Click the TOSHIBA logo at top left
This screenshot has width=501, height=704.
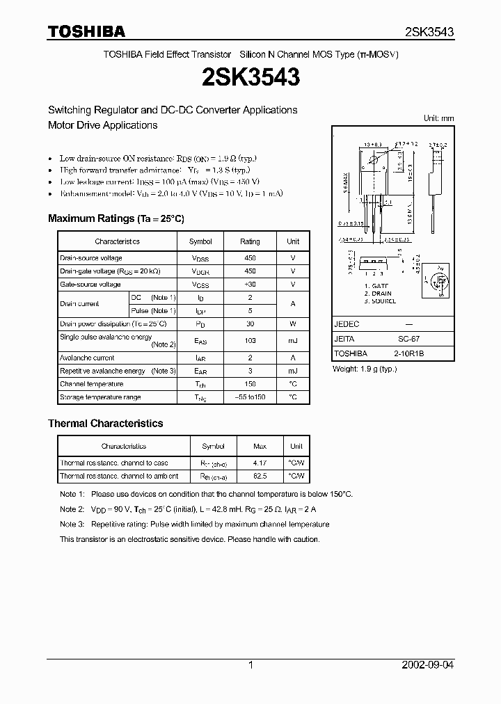(86, 31)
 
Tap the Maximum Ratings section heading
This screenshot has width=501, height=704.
(116, 218)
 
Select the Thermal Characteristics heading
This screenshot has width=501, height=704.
(105, 423)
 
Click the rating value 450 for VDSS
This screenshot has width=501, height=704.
(250, 258)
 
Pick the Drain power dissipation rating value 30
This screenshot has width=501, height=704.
(250, 324)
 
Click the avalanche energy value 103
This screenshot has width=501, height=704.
(250, 341)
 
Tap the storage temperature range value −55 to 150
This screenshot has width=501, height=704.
(250, 397)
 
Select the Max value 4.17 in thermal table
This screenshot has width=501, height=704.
(259, 463)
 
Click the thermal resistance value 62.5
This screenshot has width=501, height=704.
(259, 477)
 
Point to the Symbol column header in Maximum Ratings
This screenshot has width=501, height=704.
(200, 241)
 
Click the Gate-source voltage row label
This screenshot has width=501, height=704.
(90, 285)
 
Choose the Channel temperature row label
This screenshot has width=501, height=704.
(92, 384)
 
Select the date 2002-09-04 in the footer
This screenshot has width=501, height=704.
(428, 665)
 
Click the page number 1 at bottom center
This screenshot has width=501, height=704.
(250, 665)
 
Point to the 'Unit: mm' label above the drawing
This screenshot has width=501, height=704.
(438, 118)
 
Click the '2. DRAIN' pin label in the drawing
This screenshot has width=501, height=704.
(379, 294)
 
